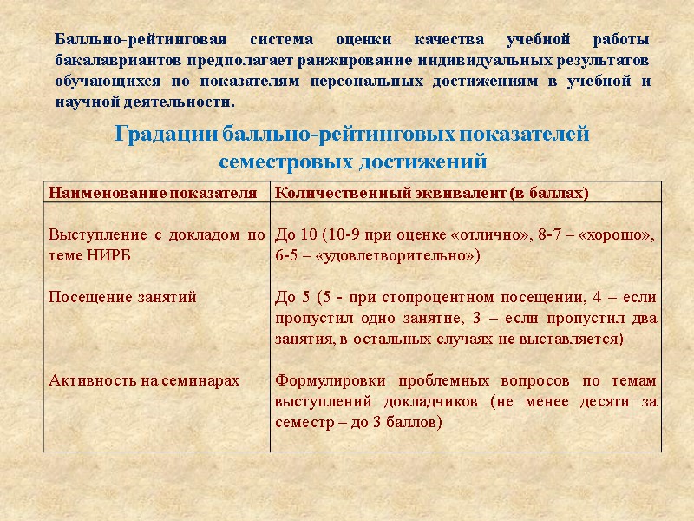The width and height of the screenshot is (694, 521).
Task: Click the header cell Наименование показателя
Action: (x=153, y=193)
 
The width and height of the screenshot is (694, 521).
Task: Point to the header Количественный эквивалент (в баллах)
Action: (x=431, y=193)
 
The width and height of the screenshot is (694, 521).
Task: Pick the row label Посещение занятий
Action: (x=122, y=297)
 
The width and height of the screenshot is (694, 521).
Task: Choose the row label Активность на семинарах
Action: (x=144, y=380)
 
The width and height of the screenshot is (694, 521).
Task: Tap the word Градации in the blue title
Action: (x=166, y=135)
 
